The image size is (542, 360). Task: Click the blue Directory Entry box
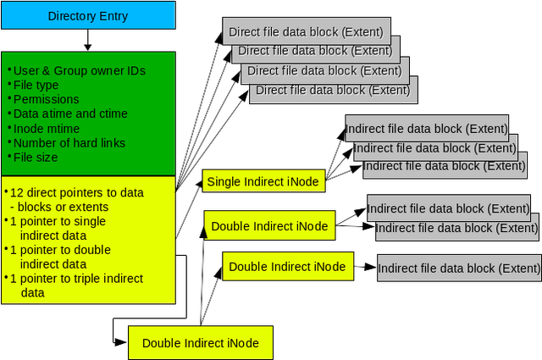(88, 15)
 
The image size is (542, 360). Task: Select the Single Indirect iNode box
(263, 181)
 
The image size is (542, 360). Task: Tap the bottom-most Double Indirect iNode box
(201, 343)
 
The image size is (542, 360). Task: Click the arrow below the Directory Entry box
(88, 40)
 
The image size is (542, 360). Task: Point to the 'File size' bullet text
(36, 158)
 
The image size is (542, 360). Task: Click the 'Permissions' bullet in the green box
(46, 99)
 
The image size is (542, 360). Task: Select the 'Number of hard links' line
(69, 143)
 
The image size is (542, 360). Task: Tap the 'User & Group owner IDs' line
(79, 70)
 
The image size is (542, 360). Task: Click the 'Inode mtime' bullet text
(47, 129)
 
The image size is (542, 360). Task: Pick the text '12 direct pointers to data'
(77, 192)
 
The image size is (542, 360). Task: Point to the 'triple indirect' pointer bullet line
(76, 279)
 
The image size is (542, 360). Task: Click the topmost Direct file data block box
(307, 31)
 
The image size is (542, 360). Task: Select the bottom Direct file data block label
(333, 91)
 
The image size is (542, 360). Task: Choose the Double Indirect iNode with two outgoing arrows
(269, 225)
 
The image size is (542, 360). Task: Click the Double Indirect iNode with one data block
(288, 266)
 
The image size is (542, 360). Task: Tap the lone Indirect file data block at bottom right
(459, 269)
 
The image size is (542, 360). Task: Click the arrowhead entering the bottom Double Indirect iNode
(121, 342)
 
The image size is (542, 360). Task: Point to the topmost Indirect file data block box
(427, 128)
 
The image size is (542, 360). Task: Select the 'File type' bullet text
(36, 85)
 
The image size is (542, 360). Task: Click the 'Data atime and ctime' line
(70, 114)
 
